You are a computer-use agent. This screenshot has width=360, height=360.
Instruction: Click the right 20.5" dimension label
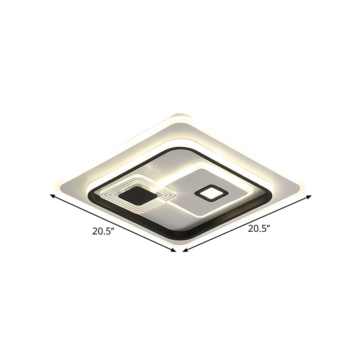260,228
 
